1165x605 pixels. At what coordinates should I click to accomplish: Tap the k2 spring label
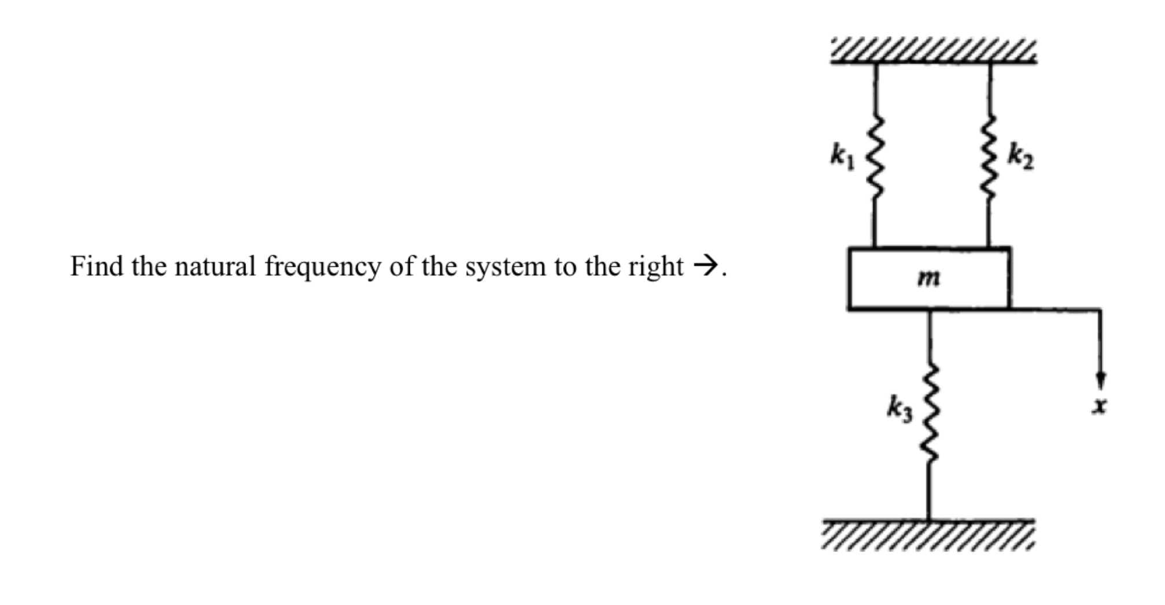(x=1020, y=158)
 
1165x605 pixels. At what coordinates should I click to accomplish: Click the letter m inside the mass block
(x=929, y=278)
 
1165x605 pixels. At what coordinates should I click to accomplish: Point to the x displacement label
(x=1100, y=407)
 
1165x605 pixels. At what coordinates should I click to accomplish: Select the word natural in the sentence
(x=215, y=267)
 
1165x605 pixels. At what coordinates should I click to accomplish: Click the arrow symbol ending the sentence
(x=705, y=267)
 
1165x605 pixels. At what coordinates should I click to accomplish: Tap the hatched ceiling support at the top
(x=933, y=51)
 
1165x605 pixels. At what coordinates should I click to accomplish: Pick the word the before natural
(x=148, y=267)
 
